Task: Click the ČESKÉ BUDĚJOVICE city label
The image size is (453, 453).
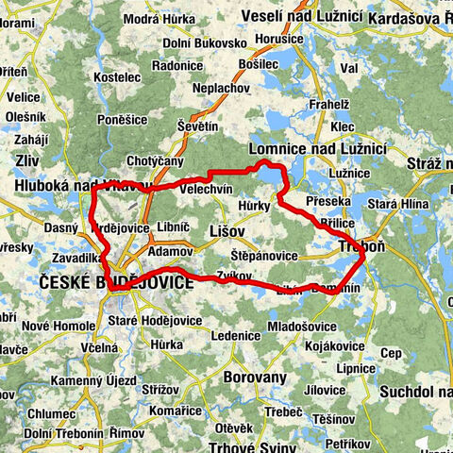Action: pyautogui.click(x=115, y=282)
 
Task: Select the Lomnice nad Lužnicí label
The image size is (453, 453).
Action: pyautogui.click(x=316, y=149)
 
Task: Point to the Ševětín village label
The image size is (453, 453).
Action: pyautogui.click(x=197, y=126)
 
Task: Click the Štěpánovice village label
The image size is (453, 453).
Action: pyautogui.click(x=264, y=256)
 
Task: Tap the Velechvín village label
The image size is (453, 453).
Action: pyautogui.click(x=205, y=189)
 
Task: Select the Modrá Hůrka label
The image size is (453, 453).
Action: pyautogui.click(x=154, y=20)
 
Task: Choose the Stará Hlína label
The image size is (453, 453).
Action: pyautogui.click(x=397, y=201)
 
